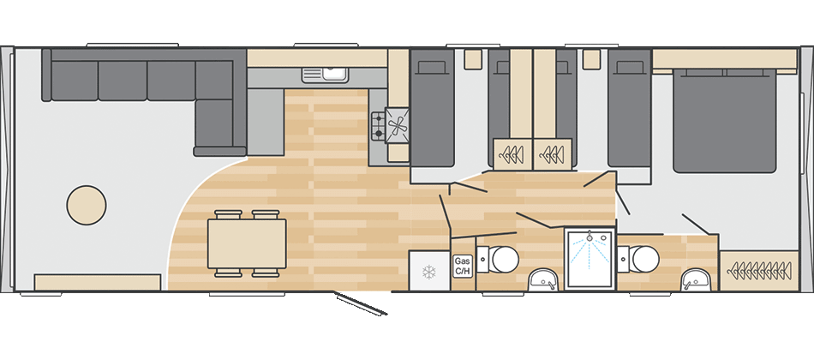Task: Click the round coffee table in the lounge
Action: coord(87,205)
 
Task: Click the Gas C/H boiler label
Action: coord(462,266)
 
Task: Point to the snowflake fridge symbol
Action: coord(428,271)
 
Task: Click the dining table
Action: coord(247,243)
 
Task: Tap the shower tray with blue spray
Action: coord(590,259)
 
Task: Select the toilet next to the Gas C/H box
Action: coord(499,259)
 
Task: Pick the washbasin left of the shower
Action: coord(542,280)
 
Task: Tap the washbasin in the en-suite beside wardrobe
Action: coord(695,280)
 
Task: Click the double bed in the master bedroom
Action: coord(725,120)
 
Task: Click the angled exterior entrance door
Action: coord(362,303)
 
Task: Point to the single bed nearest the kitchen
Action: coord(433,108)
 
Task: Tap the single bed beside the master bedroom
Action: coord(630,108)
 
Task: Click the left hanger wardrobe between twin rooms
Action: coord(513,153)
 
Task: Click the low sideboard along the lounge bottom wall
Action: coord(97,283)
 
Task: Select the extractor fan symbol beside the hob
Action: coord(398,126)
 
